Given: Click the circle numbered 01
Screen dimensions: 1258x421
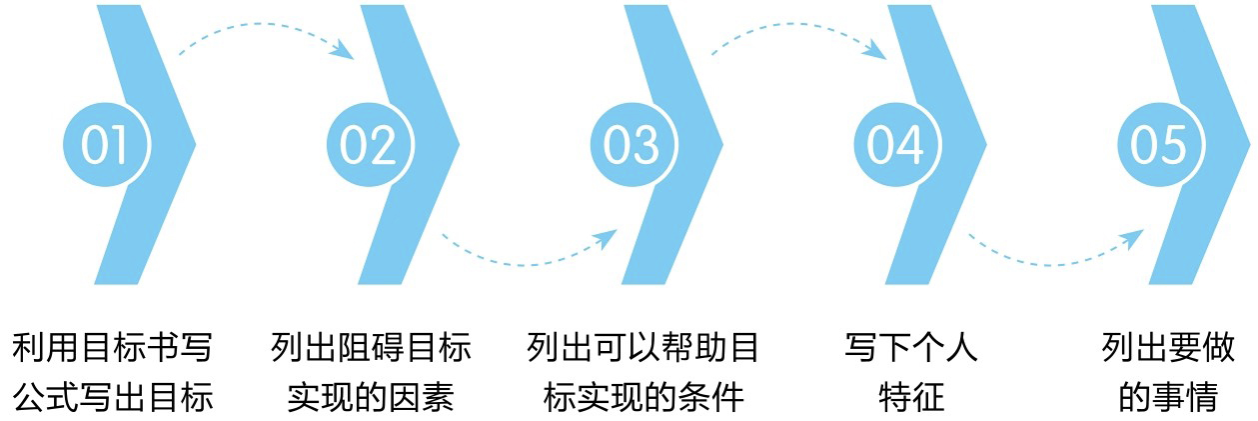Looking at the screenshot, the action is (x=105, y=145).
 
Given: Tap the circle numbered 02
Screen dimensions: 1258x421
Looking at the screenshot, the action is (x=369, y=145).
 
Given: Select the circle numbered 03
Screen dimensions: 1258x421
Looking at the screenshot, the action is (x=631, y=145).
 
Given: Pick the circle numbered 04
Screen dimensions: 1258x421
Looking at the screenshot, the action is (x=895, y=145).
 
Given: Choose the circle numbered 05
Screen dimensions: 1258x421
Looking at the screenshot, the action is (x=1158, y=145).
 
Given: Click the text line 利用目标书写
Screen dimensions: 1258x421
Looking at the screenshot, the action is (x=113, y=349).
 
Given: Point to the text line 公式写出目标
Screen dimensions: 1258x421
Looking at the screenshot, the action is (x=113, y=398).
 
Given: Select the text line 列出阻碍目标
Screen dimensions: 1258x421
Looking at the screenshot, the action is (x=371, y=349).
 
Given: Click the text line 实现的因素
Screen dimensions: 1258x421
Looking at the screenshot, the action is (x=371, y=398).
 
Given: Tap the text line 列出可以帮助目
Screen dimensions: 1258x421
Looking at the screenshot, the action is (x=643, y=349).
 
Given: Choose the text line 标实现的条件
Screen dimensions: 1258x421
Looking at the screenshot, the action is (x=643, y=398).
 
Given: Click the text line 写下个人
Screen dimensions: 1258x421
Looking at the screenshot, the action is (x=911, y=349).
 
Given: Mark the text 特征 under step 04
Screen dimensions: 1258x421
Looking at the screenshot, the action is (x=911, y=398).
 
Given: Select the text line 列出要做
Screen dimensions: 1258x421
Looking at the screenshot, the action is (x=1168, y=349).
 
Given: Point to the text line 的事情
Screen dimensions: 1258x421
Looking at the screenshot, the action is (x=1168, y=398).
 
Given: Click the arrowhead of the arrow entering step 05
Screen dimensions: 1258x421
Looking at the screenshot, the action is (x=1135, y=238).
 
